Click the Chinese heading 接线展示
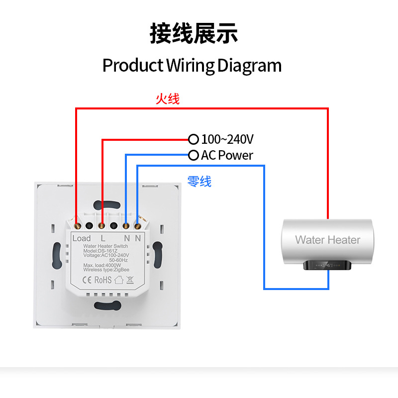click(x=194, y=34)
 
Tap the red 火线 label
click(x=167, y=99)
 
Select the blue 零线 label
click(x=199, y=182)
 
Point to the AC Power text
click(x=227, y=156)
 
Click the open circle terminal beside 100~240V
click(x=193, y=139)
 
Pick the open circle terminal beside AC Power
click(x=193, y=155)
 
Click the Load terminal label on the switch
click(x=82, y=238)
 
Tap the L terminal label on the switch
click(x=102, y=238)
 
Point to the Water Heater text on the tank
click(x=327, y=240)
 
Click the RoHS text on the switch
click(x=102, y=280)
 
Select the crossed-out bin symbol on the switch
click(x=129, y=280)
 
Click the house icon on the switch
click(x=118, y=280)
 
